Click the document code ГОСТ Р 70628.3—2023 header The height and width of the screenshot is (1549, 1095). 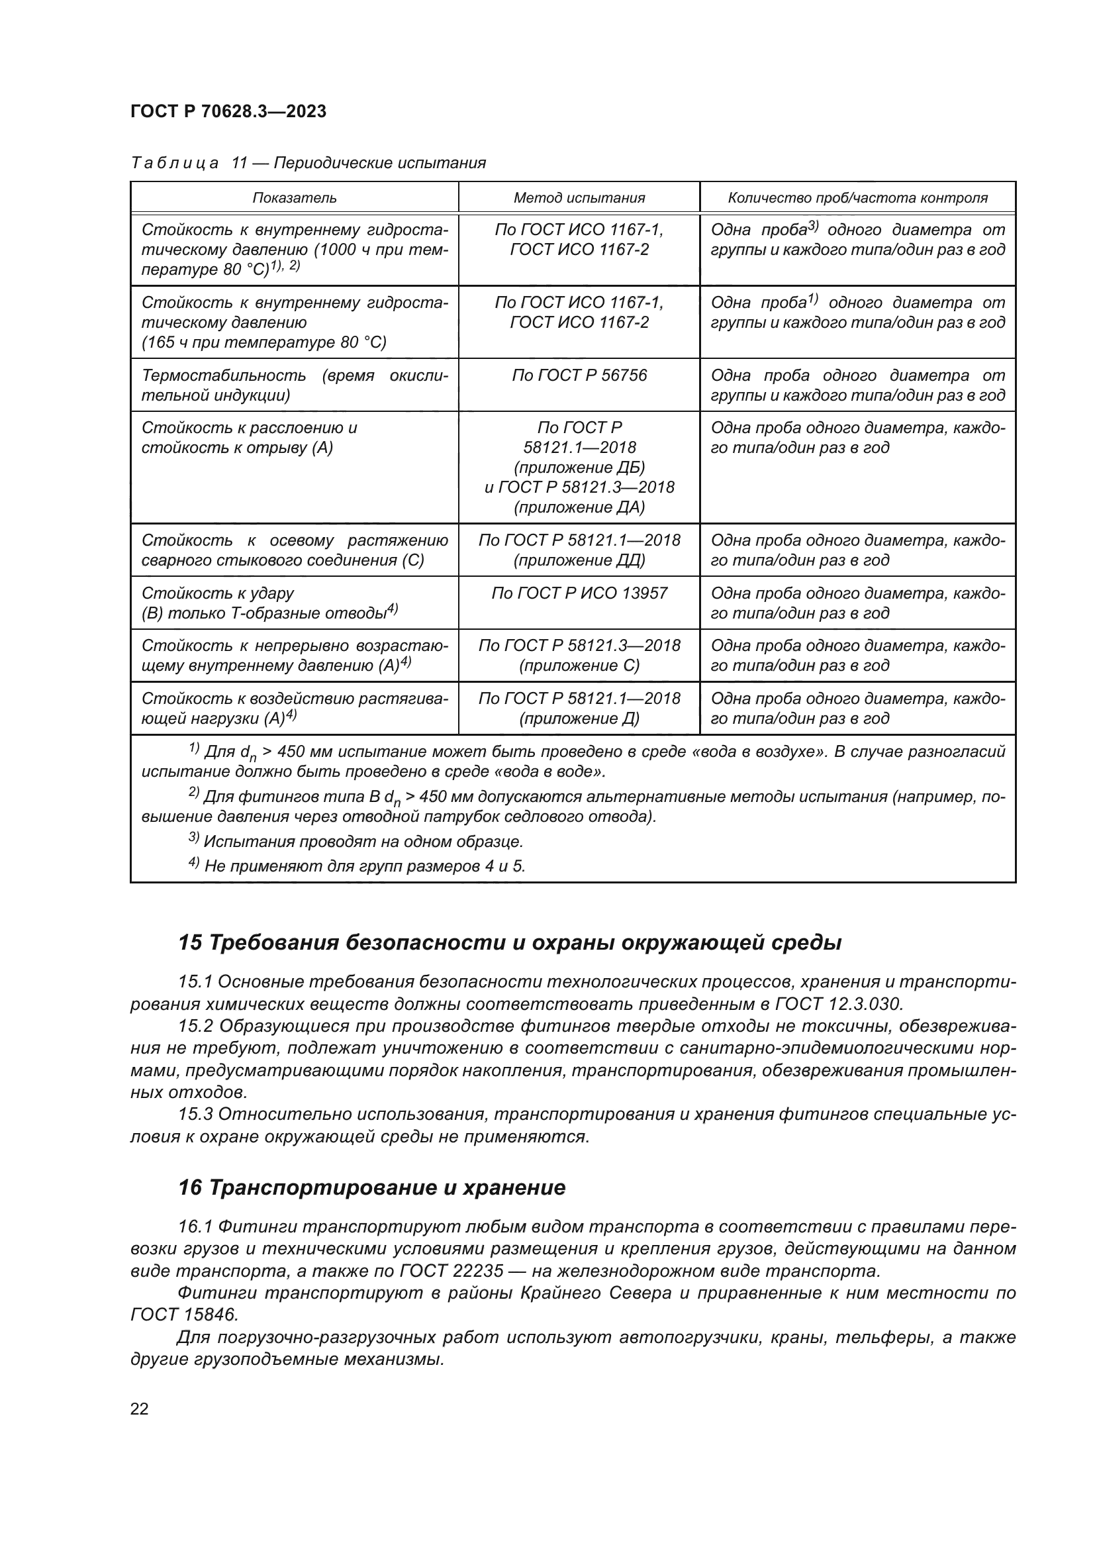coord(228,112)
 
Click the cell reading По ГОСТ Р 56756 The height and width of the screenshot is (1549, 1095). coord(579,375)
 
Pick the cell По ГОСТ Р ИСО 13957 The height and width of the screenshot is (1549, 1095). coord(579,593)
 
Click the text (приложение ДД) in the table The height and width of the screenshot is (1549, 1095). coord(579,560)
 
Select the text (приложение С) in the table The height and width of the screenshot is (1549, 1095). coord(579,666)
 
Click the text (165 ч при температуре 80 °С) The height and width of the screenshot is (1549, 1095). coord(263,342)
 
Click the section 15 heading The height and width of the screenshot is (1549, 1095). coord(510,943)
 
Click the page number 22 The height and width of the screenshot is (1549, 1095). coord(140,1409)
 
